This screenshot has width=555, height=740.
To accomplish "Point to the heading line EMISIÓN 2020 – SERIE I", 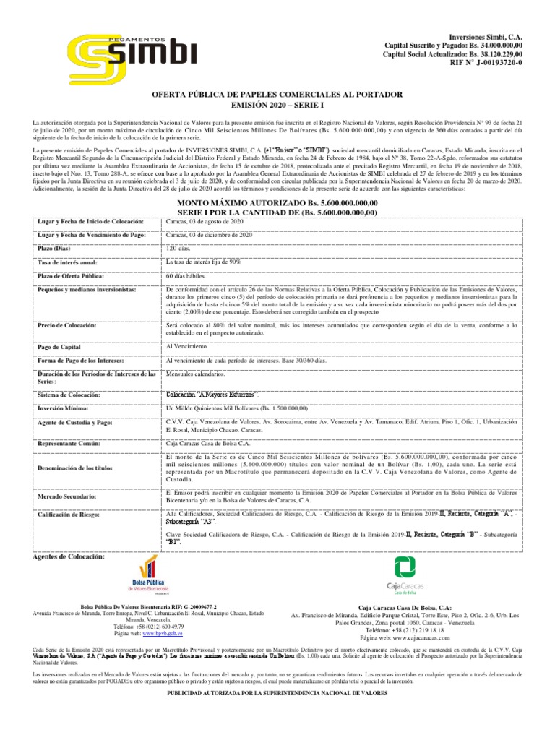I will [x=277, y=105].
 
